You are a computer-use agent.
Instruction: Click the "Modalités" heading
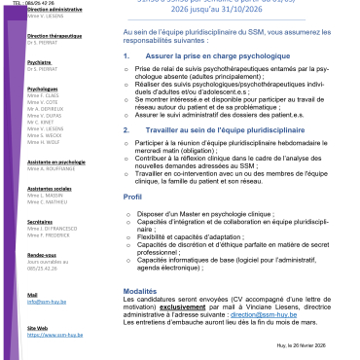(141, 290)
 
